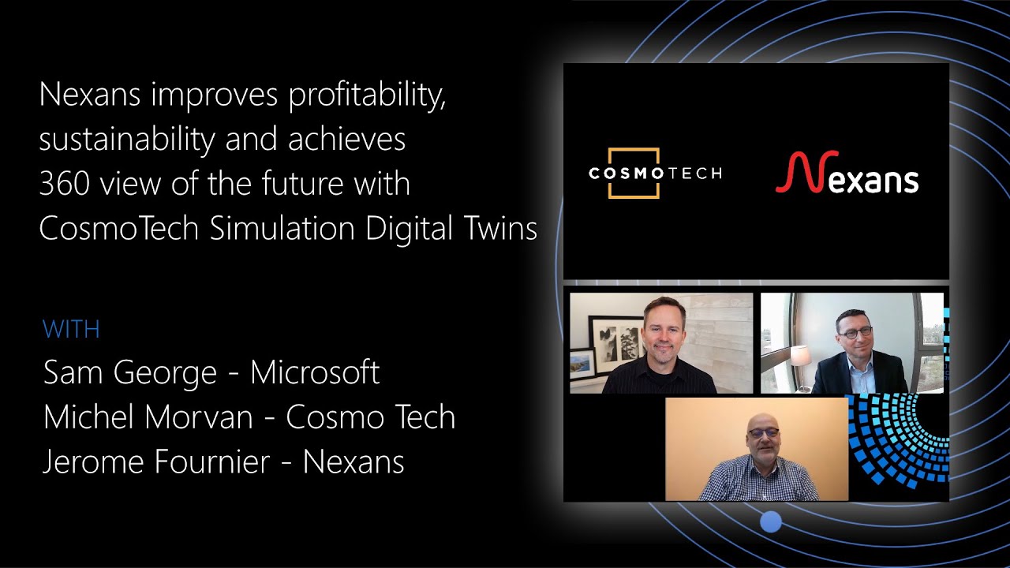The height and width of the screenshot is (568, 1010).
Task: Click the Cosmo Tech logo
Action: tap(654, 173)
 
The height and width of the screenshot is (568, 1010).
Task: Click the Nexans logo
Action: tap(847, 174)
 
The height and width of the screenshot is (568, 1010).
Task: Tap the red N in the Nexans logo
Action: tap(792, 173)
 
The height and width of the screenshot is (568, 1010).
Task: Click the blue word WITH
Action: tap(71, 329)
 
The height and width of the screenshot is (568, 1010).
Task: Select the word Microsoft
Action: tap(315, 372)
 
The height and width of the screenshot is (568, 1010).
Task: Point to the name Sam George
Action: tap(131, 372)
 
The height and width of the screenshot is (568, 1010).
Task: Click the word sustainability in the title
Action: tap(127, 140)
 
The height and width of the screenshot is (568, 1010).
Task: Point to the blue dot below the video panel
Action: tap(771, 521)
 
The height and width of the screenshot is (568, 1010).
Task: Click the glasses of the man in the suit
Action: tap(855, 333)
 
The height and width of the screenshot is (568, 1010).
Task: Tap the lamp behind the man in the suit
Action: tap(801, 357)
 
